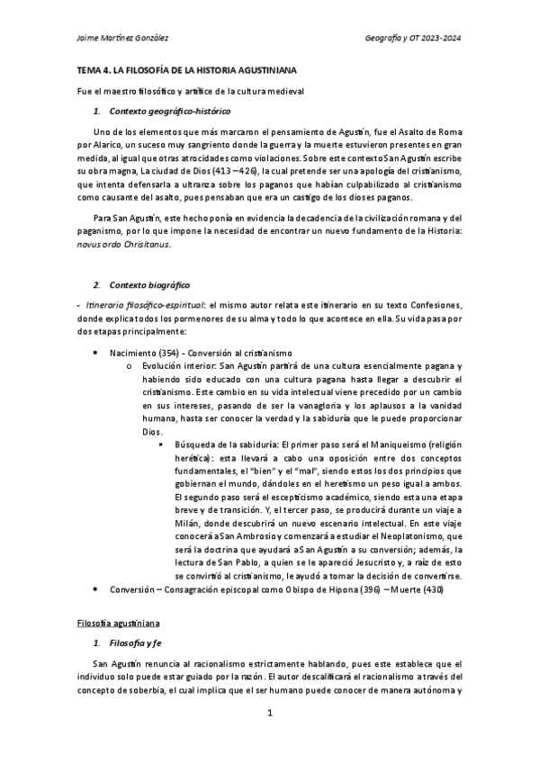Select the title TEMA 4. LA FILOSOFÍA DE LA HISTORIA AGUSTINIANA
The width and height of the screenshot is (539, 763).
(x=185, y=69)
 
